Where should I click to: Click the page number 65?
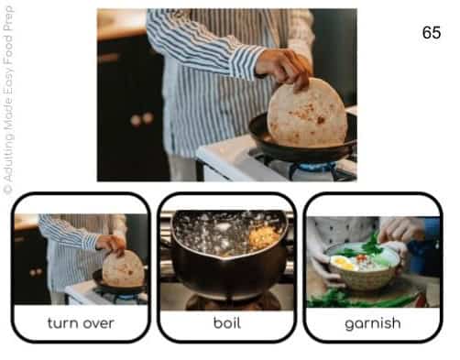point(432,32)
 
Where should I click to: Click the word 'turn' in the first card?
point(61,323)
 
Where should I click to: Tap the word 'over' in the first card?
point(98,323)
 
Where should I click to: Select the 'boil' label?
point(227,322)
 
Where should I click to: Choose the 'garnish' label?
point(373,323)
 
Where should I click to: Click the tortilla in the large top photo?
point(307,113)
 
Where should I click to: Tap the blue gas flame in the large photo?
point(314,167)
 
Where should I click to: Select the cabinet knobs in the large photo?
point(142,119)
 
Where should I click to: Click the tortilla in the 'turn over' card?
point(124,268)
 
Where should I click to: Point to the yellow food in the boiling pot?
point(263,237)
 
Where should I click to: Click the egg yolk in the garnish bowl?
point(340,261)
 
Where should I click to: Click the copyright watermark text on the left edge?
point(8,101)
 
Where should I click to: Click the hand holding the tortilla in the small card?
point(111,244)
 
